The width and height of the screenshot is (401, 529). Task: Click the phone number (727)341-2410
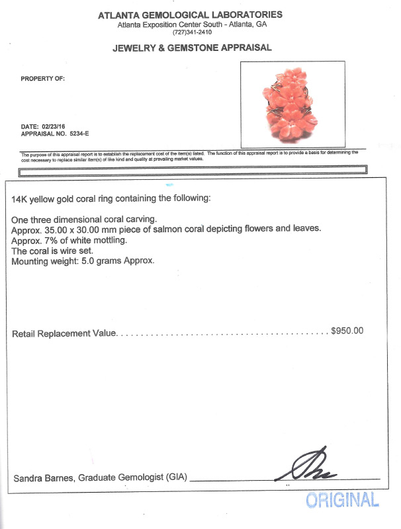[x=193, y=32]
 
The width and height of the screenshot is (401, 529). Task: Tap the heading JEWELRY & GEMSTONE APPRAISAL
[x=192, y=48]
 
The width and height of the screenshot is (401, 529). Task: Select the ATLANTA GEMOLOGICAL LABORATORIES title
[x=192, y=15]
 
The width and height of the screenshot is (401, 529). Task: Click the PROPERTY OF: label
[x=43, y=79]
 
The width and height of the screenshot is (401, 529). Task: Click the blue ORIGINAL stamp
[x=342, y=501]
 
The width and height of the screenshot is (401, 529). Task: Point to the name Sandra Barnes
[x=40, y=478]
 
